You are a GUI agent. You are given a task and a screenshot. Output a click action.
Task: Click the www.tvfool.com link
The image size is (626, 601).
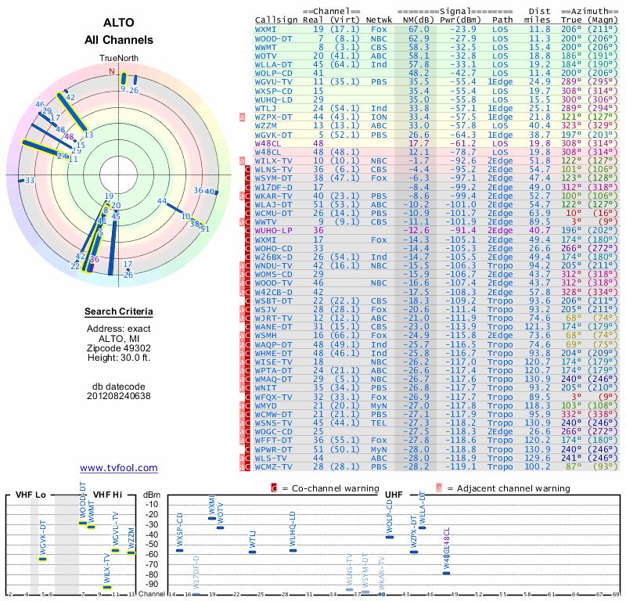(118, 468)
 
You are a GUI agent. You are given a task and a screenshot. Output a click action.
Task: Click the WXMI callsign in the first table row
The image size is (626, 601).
(266, 29)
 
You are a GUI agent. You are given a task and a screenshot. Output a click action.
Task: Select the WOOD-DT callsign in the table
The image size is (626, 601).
(274, 38)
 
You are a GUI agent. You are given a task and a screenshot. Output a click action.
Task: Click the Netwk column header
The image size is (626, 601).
(380, 20)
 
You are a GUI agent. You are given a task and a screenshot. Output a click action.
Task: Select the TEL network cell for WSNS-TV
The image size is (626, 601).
(379, 423)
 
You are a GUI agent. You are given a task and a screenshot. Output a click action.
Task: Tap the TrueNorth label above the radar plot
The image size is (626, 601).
(118, 59)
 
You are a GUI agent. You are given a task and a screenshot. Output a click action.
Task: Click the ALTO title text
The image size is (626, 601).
(118, 23)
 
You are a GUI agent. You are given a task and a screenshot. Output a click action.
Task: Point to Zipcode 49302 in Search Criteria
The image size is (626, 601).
(118, 346)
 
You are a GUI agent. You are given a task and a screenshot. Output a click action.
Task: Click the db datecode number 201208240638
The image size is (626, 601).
(118, 395)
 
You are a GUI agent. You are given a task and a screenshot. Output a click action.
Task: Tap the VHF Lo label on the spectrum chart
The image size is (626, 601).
(31, 494)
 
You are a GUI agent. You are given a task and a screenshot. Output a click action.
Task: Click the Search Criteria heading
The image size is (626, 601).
(118, 312)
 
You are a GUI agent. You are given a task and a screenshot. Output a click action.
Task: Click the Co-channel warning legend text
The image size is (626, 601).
(323, 488)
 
